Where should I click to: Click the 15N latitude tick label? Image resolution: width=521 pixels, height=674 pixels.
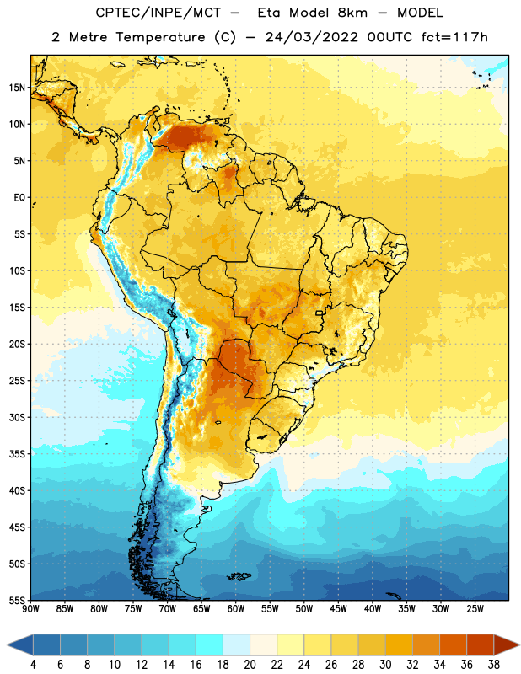(x=17, y=88)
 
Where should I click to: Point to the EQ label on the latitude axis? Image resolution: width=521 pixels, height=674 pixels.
(x=19, y=198)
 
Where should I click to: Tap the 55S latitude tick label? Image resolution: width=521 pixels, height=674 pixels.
(x=17, y=600)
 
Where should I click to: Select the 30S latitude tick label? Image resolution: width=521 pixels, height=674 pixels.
(x=17, y=417)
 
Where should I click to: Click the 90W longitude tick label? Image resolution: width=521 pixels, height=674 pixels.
(x=30, y=609)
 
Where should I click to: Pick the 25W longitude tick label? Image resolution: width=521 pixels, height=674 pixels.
(x=475, y=609)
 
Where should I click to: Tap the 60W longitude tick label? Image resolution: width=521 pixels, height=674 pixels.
(x=236, y=609)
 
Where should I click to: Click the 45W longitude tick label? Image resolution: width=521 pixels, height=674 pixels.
(x=338, y=609)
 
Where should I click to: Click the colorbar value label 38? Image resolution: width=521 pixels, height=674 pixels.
(x=494, y=665)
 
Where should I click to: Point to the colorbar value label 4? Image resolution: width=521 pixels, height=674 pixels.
(x=33, y=665)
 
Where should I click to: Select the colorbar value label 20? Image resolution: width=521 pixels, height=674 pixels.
(x=250, y=665)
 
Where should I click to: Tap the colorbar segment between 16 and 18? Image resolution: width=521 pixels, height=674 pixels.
(x=210, y=645)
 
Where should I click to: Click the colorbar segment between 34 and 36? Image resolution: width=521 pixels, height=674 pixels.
(x=454, y=645)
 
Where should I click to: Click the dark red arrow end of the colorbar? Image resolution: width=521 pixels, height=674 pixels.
(x=506, y=645)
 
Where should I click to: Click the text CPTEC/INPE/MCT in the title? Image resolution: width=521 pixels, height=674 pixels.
(x=158, y=13)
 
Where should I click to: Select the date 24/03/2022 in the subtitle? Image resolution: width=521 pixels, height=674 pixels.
(x=311, y=37)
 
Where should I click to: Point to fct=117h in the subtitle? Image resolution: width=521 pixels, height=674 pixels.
(x=454, y=37)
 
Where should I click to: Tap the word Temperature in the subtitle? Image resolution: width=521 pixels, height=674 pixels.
(x=160, y=38)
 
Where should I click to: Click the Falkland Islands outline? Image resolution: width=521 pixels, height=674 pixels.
(x=239, y=576)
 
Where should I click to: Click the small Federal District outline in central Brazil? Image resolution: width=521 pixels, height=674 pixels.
(x=320, y=313)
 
